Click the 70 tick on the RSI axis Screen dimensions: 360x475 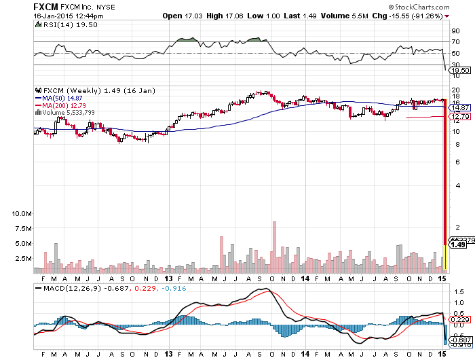coord(456,41)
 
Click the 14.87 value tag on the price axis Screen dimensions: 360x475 coord(461,107)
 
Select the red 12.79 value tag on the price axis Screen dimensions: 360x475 coord(461,117)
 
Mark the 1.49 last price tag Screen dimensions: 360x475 coord(461,245)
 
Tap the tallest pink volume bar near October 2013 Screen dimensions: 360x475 coord(274,247)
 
